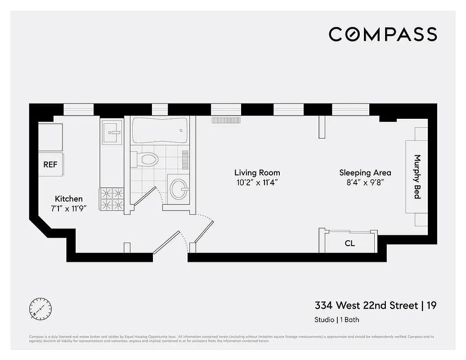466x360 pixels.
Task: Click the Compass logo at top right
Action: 382,34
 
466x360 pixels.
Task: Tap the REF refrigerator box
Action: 50,165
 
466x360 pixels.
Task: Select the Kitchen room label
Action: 68,198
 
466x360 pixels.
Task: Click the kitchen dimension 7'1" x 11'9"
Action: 68,208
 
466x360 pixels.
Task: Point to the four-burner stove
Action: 112,199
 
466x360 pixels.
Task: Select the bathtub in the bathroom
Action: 159,130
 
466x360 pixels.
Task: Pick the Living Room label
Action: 257,172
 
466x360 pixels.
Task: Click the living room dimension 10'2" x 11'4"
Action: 257,182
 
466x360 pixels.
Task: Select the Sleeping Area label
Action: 365,172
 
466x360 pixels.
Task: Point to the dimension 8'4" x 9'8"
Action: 365,182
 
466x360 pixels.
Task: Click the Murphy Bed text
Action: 417,177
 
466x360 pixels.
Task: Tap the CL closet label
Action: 349,243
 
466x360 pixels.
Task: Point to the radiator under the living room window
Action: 227,121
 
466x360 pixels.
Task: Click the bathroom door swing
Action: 147,196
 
